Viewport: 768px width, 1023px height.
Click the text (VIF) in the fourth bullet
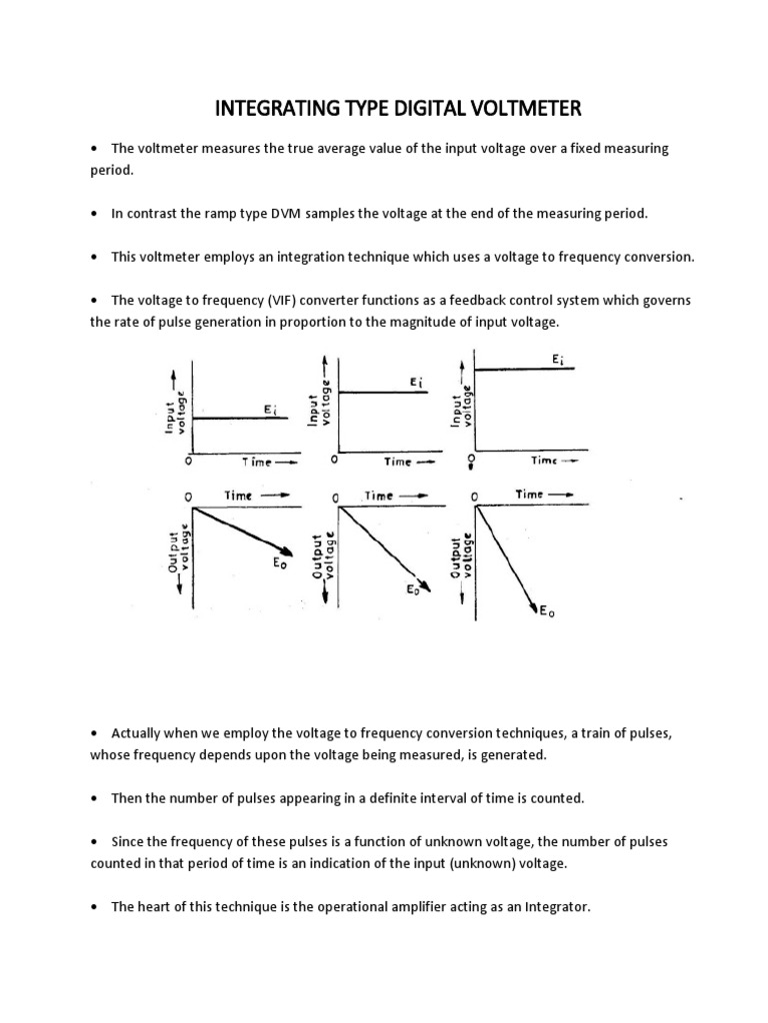[x=251, y=301]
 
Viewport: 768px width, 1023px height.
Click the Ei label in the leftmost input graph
[x=270, y=409]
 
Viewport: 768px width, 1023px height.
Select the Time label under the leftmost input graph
[x=255, y=462]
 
